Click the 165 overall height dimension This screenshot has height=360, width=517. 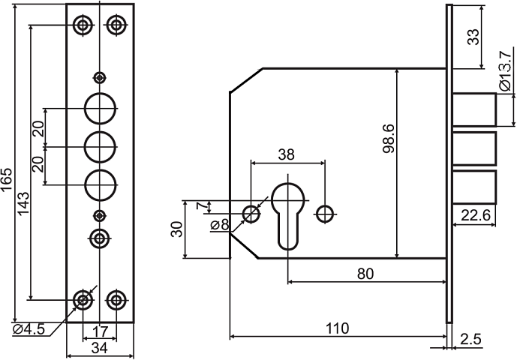tap(6, 179)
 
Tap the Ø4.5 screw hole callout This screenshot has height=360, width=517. tap(29, 329)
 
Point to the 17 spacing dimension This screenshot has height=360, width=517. tap(100, 331)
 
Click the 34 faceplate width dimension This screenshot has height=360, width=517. tap(100, 348)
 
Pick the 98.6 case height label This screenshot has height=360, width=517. tap(389, 139)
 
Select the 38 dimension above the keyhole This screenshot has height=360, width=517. tap(286, 154)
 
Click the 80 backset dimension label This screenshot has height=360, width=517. tap(365, 274)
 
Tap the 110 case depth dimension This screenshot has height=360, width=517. tap(337, 328)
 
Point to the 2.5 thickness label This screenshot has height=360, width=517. tap(470, 339)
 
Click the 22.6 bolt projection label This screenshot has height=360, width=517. tap(476, 215)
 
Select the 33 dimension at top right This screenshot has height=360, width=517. tap(473, 37)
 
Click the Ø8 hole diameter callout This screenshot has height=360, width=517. tap(220, 225)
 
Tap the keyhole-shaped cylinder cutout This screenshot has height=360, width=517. tap(287, 216)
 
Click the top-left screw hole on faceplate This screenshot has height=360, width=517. tap(83, 25)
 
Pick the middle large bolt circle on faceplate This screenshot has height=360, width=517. tap(101, 147)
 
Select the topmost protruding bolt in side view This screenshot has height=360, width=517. tap(474, 109)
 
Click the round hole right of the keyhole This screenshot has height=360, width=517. tap(325, 214)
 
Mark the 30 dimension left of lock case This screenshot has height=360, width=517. tap(177, 229)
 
